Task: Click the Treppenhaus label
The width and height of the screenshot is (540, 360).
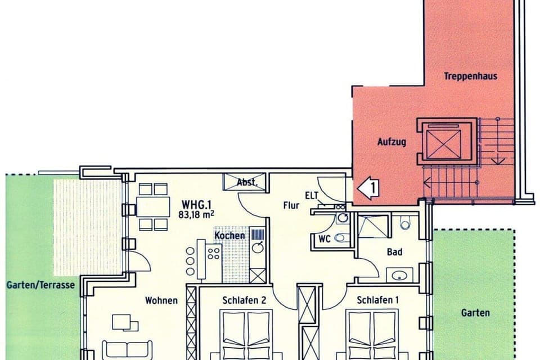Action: [470, 76]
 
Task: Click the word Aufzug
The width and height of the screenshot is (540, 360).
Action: [391, 142]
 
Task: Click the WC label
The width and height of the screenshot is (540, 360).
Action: [324, 238]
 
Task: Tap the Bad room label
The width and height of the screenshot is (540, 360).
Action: [394, 252]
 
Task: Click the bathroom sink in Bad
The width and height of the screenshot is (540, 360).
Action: [400, 275]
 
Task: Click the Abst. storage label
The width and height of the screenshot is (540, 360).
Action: [247, 182]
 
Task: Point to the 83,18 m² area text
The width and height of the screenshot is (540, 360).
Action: [197, 213]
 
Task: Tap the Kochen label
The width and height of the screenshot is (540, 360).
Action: [229, 235]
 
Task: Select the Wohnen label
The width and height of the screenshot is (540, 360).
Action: [161, 300]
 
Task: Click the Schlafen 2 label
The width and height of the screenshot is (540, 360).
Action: [244, 300]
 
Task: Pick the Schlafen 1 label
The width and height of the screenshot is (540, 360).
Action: [377, 300]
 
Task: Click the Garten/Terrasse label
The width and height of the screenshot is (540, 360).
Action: [40, 285]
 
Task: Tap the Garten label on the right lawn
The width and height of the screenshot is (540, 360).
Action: [475, 313]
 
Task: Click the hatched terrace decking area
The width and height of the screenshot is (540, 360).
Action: [87, 225]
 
